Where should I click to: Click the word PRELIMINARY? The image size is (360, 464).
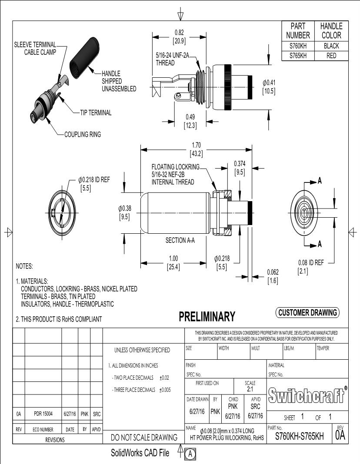point(207,316)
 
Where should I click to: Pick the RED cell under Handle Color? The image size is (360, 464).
point(331,56)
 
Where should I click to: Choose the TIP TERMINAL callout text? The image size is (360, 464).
point(96,113)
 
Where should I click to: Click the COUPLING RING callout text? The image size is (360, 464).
point(82,135)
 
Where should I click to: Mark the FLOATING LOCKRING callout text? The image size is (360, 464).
point(175,167)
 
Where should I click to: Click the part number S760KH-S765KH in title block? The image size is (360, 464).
point(299,437)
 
